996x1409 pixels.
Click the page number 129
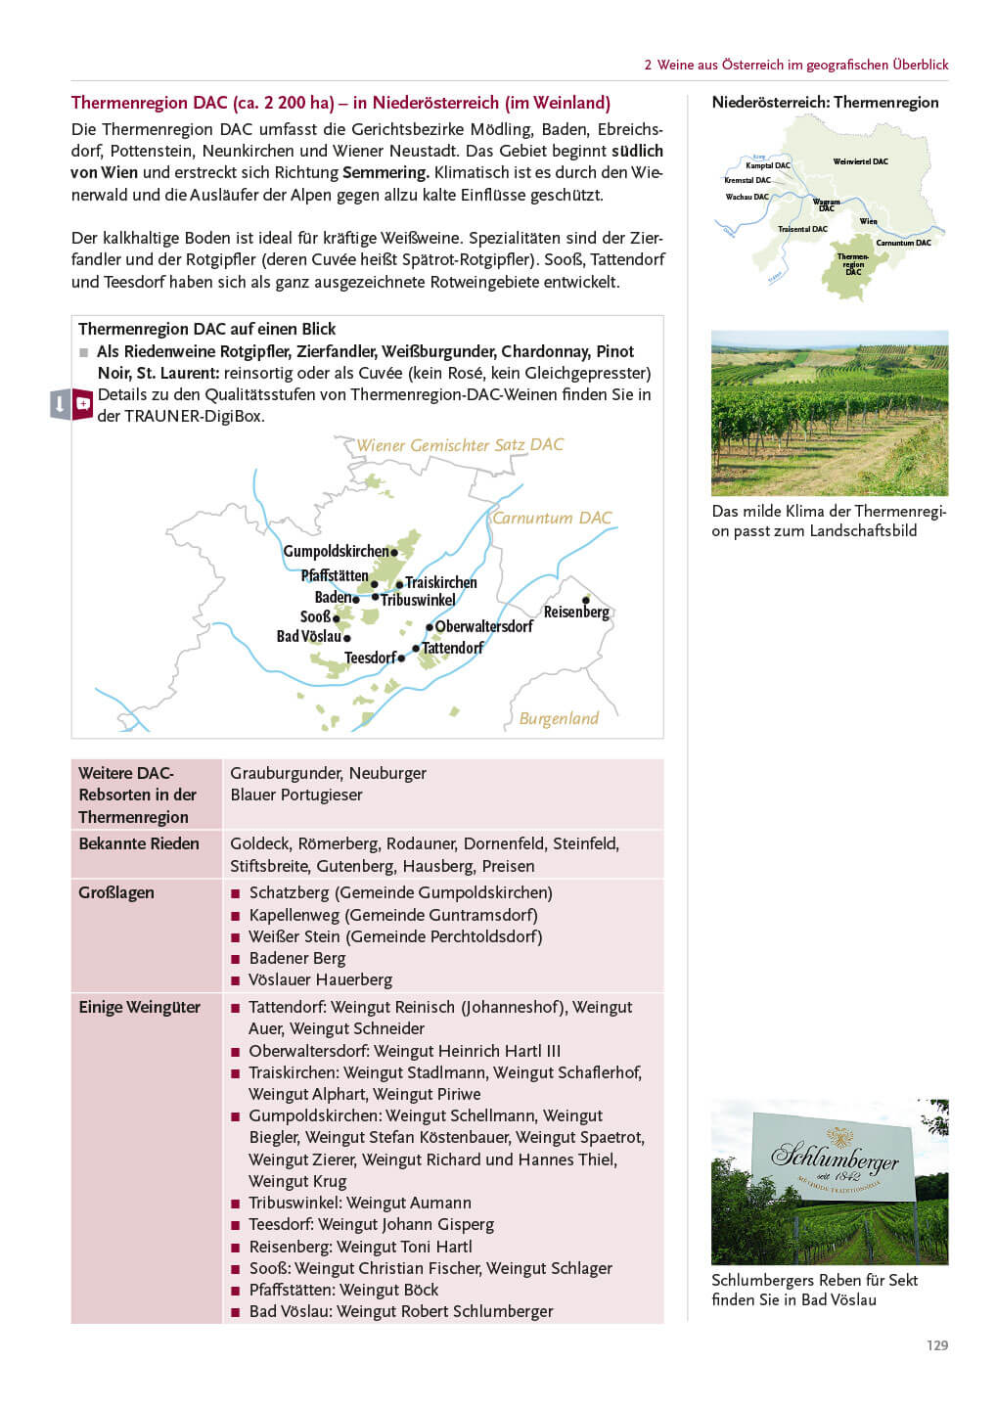[x=936, y=1345]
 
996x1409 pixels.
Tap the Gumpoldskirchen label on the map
[x=336, y=551]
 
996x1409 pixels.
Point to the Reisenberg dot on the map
[x=586, y=600]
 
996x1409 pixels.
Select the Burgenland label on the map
[x=559, y=718]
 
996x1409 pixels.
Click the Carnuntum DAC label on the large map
[x=552, y=518]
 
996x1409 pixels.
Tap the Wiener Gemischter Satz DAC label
[x=460, y=445]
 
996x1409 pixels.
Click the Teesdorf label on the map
[x=370, y=658]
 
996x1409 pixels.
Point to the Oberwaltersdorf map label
[x=484, y=626]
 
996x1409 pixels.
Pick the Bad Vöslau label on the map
[x=308, y=636]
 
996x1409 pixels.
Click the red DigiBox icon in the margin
[x=83, y=403]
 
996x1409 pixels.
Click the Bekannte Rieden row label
[x=139, y=843]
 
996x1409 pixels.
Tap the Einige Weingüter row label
[x=139, y=1007]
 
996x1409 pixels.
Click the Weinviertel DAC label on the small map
[x=860, y=161]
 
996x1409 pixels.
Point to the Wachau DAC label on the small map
[x=747, y=197]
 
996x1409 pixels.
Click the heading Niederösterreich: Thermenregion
[x=825, y=103]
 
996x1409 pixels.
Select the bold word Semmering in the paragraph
[x=385, y=173]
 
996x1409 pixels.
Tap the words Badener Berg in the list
[x=297, y=958]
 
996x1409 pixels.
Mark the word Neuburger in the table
[x=387, y=773]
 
